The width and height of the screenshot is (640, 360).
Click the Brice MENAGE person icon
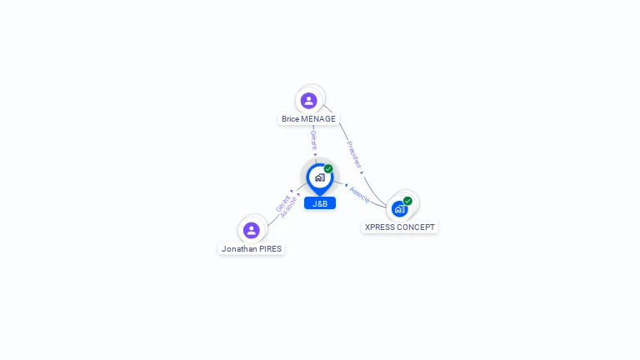pos(309,101)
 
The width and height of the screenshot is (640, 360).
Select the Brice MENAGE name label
pos(308,119)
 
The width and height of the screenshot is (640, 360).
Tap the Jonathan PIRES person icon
pos(252,230)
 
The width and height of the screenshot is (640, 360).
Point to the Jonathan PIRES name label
pos(252,248)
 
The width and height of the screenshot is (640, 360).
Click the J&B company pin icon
pos(319,177)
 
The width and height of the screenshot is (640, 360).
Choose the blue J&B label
pos(320,203)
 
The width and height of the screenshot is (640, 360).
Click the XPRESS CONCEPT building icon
pos(400,208)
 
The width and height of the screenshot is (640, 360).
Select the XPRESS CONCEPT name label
pos(400,227)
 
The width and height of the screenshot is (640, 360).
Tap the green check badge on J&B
pos(328,168)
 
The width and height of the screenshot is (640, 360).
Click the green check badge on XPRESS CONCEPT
pos(407,201)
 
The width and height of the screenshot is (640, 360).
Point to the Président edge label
pos(354,154)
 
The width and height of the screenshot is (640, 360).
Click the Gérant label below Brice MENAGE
pos(313,139)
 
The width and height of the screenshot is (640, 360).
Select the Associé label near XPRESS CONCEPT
pos(359,194)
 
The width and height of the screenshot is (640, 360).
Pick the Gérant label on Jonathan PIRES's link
pos(282,203)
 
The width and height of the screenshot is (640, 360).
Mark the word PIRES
pos(271,248)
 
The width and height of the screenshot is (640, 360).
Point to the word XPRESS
pos(381,227)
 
